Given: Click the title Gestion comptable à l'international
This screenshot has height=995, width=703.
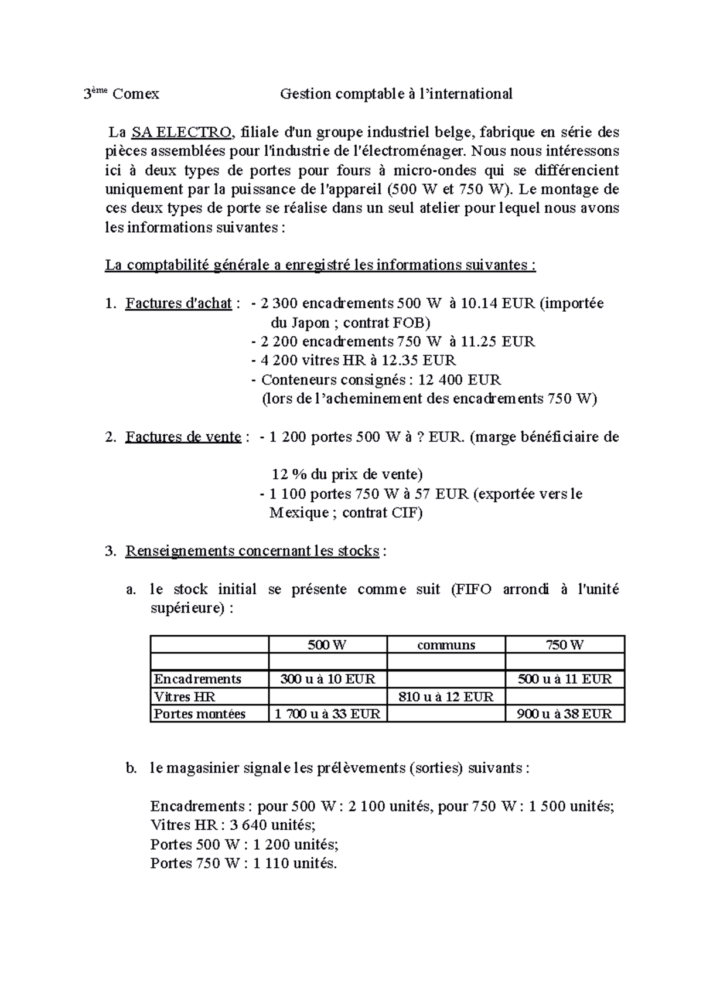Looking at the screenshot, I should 396,94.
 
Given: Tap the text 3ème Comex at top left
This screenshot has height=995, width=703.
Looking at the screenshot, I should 121,94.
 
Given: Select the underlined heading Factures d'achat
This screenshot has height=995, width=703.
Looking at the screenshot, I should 178,304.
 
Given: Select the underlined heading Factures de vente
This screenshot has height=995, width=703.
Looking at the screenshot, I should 183,437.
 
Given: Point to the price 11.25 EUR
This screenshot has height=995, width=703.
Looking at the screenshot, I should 497,342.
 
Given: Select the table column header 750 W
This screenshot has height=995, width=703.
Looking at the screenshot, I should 565,645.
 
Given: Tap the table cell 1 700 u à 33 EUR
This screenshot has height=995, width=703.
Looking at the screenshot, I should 327,714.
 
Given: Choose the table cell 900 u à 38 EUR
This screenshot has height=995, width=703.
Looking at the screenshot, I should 565,714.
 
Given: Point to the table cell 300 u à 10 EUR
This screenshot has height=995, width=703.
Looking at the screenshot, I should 327,679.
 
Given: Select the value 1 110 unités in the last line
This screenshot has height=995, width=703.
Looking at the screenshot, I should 295,863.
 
